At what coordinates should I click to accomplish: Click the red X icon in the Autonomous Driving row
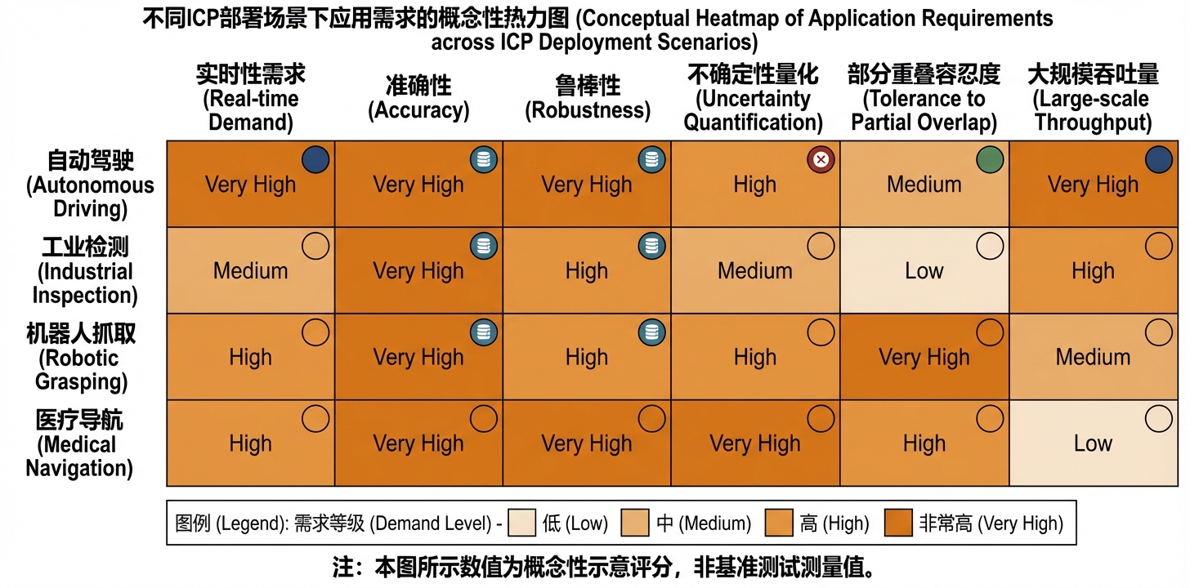tap(821, 159)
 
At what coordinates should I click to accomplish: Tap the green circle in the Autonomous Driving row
tap(989, 159)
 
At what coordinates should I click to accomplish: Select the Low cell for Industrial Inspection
tap(924, 270)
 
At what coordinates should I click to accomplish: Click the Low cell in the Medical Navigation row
tap(1093, 443)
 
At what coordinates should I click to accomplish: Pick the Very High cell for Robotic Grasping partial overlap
tap(924, 357)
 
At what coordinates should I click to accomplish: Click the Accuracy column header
tap(418, 98)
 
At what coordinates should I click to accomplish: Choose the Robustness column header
tap(587, 98)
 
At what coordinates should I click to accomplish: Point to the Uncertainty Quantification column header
tap(754, 99)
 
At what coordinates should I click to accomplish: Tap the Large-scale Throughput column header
tap(1093, 99)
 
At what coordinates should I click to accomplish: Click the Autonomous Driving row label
tap(91, 184)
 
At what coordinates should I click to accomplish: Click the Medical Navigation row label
tap(79, 443)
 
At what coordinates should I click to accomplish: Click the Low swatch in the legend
tap(521, 523)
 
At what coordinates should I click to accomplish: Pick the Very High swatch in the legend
tap(898, 523)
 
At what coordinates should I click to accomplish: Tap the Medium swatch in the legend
tap(635, 523)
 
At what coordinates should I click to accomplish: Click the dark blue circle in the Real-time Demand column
tap(315, 159)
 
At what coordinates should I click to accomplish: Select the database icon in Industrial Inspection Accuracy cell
tap(484, 246)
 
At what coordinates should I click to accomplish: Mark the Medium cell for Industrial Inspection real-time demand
tap(250, 270)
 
